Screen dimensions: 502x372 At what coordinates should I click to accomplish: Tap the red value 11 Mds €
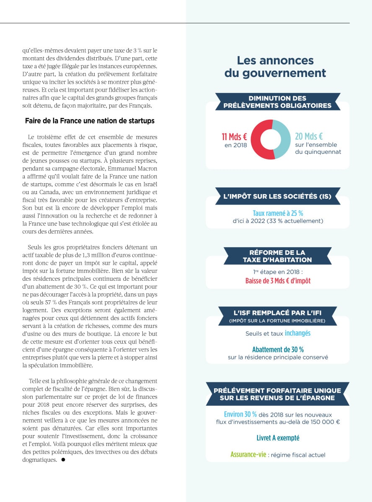tap(234, 136)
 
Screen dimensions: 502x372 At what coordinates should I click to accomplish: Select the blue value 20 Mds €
tap(309, 136)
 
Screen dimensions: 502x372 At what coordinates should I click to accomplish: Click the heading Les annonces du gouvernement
tap(275, 67)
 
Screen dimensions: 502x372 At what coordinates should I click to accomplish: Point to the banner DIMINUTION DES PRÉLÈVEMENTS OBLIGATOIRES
tap(277, 102)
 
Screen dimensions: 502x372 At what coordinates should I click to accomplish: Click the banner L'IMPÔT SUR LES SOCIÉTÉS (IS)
tap(277, 196)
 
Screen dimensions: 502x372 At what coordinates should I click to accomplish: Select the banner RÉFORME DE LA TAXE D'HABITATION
tap(277, 256)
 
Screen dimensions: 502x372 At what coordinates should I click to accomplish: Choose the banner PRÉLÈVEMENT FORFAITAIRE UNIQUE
tap(277, 394)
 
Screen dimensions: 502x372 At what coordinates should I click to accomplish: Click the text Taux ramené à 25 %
tap(278, 213)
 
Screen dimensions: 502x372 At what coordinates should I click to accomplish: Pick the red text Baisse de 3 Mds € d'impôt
tap(278, 281)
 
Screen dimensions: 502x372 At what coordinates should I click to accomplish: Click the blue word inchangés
tap(297, 333)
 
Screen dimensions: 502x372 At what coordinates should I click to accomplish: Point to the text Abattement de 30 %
tap(278, 349)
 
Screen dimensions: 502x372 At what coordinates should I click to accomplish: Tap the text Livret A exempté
tap(278, 438)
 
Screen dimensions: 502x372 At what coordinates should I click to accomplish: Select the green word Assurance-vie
tap(248, 454)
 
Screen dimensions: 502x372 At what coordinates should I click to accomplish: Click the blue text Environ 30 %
tap(240, 414)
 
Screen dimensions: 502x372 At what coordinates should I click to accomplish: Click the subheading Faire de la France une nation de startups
tap(90, 121)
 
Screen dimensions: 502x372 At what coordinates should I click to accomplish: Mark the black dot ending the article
tap(63, 459)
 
